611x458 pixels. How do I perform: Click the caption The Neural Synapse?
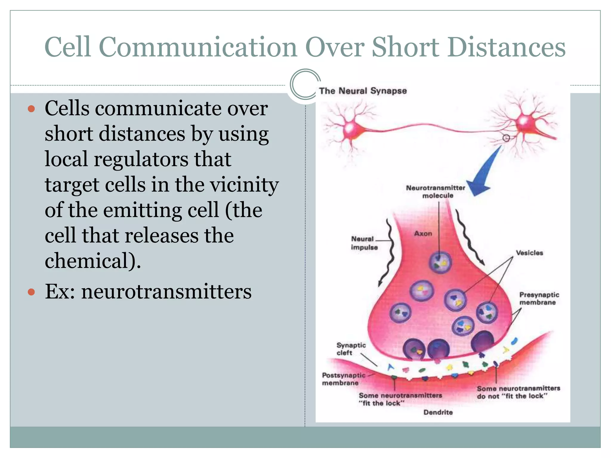pyautogui.click(x=363, y=91)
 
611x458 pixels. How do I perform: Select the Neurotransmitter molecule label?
pyautogui.click(x=436, y=192)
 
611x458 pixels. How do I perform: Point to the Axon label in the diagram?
pyautogui.click(x=423, y=233)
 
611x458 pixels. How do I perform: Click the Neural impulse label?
pyautogui.click(x=364, y=243)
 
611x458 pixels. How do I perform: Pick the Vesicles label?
pyautogui.click(x=529, y=253)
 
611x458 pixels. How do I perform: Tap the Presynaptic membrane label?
pyautogui.click(x=539, y=298)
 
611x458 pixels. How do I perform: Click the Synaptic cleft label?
pyautogui.click(x=351, y=349)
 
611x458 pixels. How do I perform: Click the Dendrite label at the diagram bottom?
pyautogui.click(x=438, y=412)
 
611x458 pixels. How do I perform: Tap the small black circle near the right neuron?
pyautogui.click(x=506, y=138)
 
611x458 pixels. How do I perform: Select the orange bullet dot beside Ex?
pyautogui.click(x=31, y=292)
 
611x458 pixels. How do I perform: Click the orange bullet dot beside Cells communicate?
pyautogui.click(x=31, y=109)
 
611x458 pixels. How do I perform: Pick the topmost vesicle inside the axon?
pyautogui.click(x=440, y=262)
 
